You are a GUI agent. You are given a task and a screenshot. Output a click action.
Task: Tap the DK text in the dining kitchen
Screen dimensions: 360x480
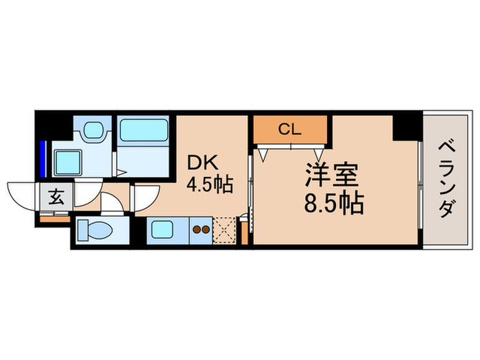202,164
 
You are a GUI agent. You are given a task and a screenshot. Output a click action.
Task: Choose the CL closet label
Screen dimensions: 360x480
290,128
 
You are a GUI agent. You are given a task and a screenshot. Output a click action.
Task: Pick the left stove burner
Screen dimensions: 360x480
196,230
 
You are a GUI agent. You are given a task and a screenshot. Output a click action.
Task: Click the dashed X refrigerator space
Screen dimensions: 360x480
223,230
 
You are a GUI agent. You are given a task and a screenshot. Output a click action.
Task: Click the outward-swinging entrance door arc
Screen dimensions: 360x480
21,191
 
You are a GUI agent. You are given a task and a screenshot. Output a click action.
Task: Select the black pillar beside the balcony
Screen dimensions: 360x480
407,128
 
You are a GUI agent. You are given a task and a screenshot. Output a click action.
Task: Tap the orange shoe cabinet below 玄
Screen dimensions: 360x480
54,218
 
